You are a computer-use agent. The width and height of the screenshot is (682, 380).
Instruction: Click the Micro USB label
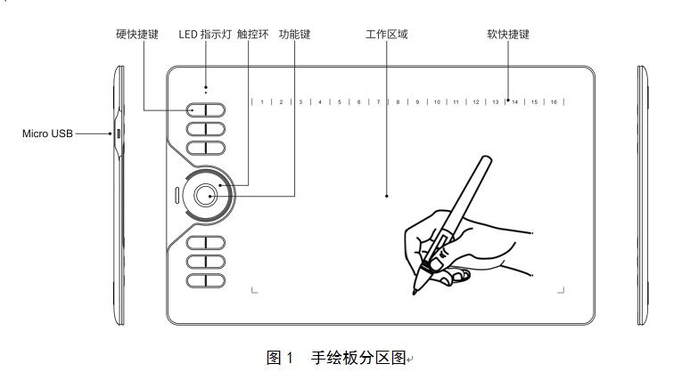(x=47, y=133)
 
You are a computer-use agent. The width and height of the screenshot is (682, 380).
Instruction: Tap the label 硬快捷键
(x=137, y=35)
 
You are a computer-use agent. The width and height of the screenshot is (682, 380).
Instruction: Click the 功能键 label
(x=294, y=35)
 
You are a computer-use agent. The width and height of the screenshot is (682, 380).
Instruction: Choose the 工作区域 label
(x=387, y=35)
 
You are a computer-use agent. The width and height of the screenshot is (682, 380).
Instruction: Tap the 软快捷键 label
(x=508, y=35)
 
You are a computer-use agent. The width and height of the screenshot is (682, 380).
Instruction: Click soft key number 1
(x=261, y=102)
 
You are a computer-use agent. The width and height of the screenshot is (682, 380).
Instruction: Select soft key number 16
(x=554, y=102)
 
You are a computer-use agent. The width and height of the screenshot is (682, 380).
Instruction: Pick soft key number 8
(x=398, y=102)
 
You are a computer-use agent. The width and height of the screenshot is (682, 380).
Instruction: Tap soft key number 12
(x=475, y=102)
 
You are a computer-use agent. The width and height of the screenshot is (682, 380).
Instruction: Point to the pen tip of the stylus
(x=415, y=291)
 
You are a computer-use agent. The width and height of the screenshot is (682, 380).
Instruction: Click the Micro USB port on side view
(x=118, y=133)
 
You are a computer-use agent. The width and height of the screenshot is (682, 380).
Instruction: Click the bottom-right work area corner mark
(x=563, y=288)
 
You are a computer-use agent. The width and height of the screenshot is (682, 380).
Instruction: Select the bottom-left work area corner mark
(x=254, y=288)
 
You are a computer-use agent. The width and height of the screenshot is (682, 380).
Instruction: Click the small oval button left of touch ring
(x=177, y=193)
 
